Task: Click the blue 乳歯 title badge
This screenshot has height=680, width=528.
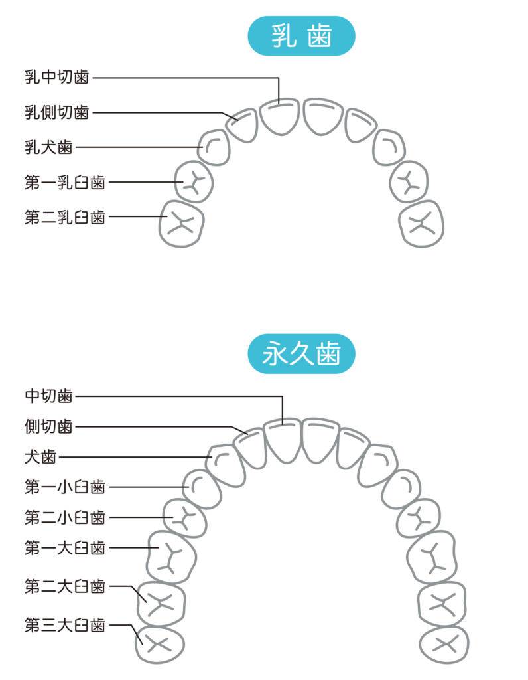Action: (301, 36)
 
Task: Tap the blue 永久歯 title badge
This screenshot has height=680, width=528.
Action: (301, 354)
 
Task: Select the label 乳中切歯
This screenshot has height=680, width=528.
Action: (56, 78)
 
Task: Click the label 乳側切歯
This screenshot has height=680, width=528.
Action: (56, 112)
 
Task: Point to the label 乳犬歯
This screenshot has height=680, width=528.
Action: (48, 147)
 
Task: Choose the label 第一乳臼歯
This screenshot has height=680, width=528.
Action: (64, 182)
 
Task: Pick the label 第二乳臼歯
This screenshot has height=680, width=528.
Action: (64, 216)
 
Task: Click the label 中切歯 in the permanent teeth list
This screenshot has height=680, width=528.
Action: (48, 396)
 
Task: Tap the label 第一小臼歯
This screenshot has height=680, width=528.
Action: (64, 487)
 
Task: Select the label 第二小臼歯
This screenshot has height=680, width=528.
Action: (64, 517)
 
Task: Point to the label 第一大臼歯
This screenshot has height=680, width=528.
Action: (64, 548)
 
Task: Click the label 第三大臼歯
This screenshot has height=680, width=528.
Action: (64, 625)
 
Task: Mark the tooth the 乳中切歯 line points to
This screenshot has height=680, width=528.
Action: (279, 117)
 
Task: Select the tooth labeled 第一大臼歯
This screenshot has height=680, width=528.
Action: (170, 556)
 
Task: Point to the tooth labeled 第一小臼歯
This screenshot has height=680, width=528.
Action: (202, 489)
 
